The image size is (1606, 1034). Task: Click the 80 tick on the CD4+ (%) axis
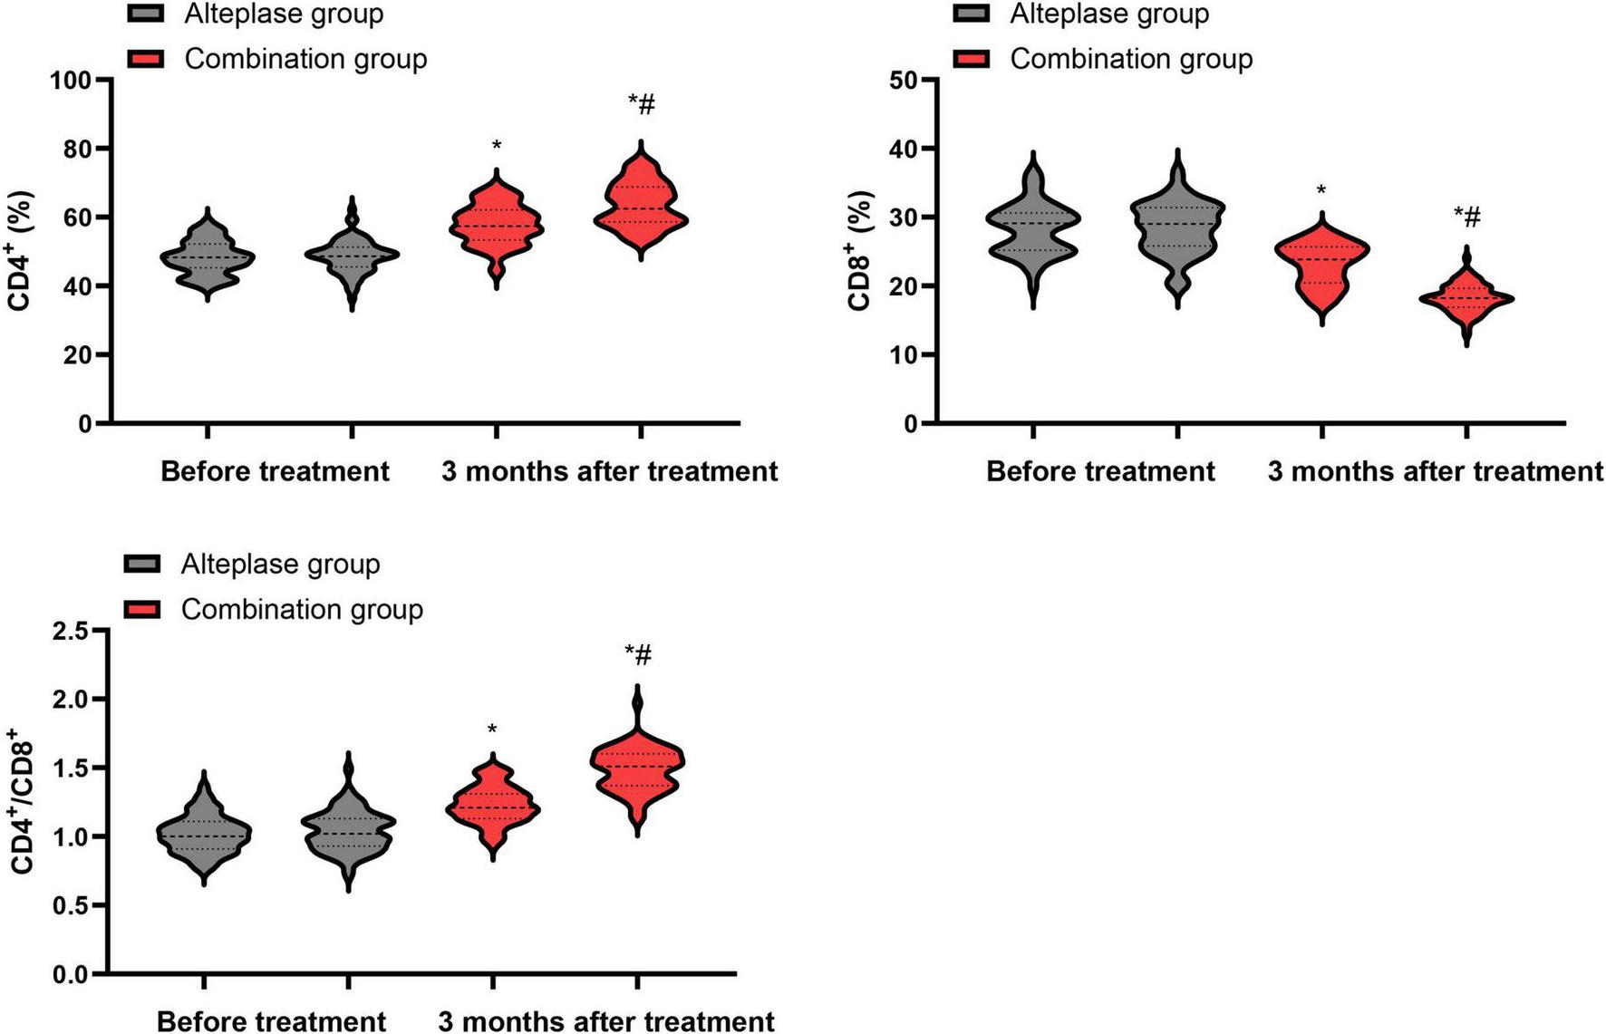(x=75, y=148)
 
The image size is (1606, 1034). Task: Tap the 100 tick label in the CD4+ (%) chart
(x=70, y=80)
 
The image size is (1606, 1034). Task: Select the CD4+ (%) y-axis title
(x=20, y=250)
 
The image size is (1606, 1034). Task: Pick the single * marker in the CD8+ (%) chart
(x=1321, y=191)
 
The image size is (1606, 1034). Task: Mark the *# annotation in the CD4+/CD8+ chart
(x=637, y=654)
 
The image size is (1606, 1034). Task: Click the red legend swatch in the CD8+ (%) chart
(x=971, y=59)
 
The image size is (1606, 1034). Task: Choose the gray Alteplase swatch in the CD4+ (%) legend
(x=145, y=14)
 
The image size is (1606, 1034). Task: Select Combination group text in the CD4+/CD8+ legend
(x=302, y=609)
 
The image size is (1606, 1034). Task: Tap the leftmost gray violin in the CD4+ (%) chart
(x=208, y=257)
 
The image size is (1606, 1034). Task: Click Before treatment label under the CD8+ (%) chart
(x=1100, y=471)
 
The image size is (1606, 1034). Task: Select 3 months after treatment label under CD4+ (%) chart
(x=609, y=471)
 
